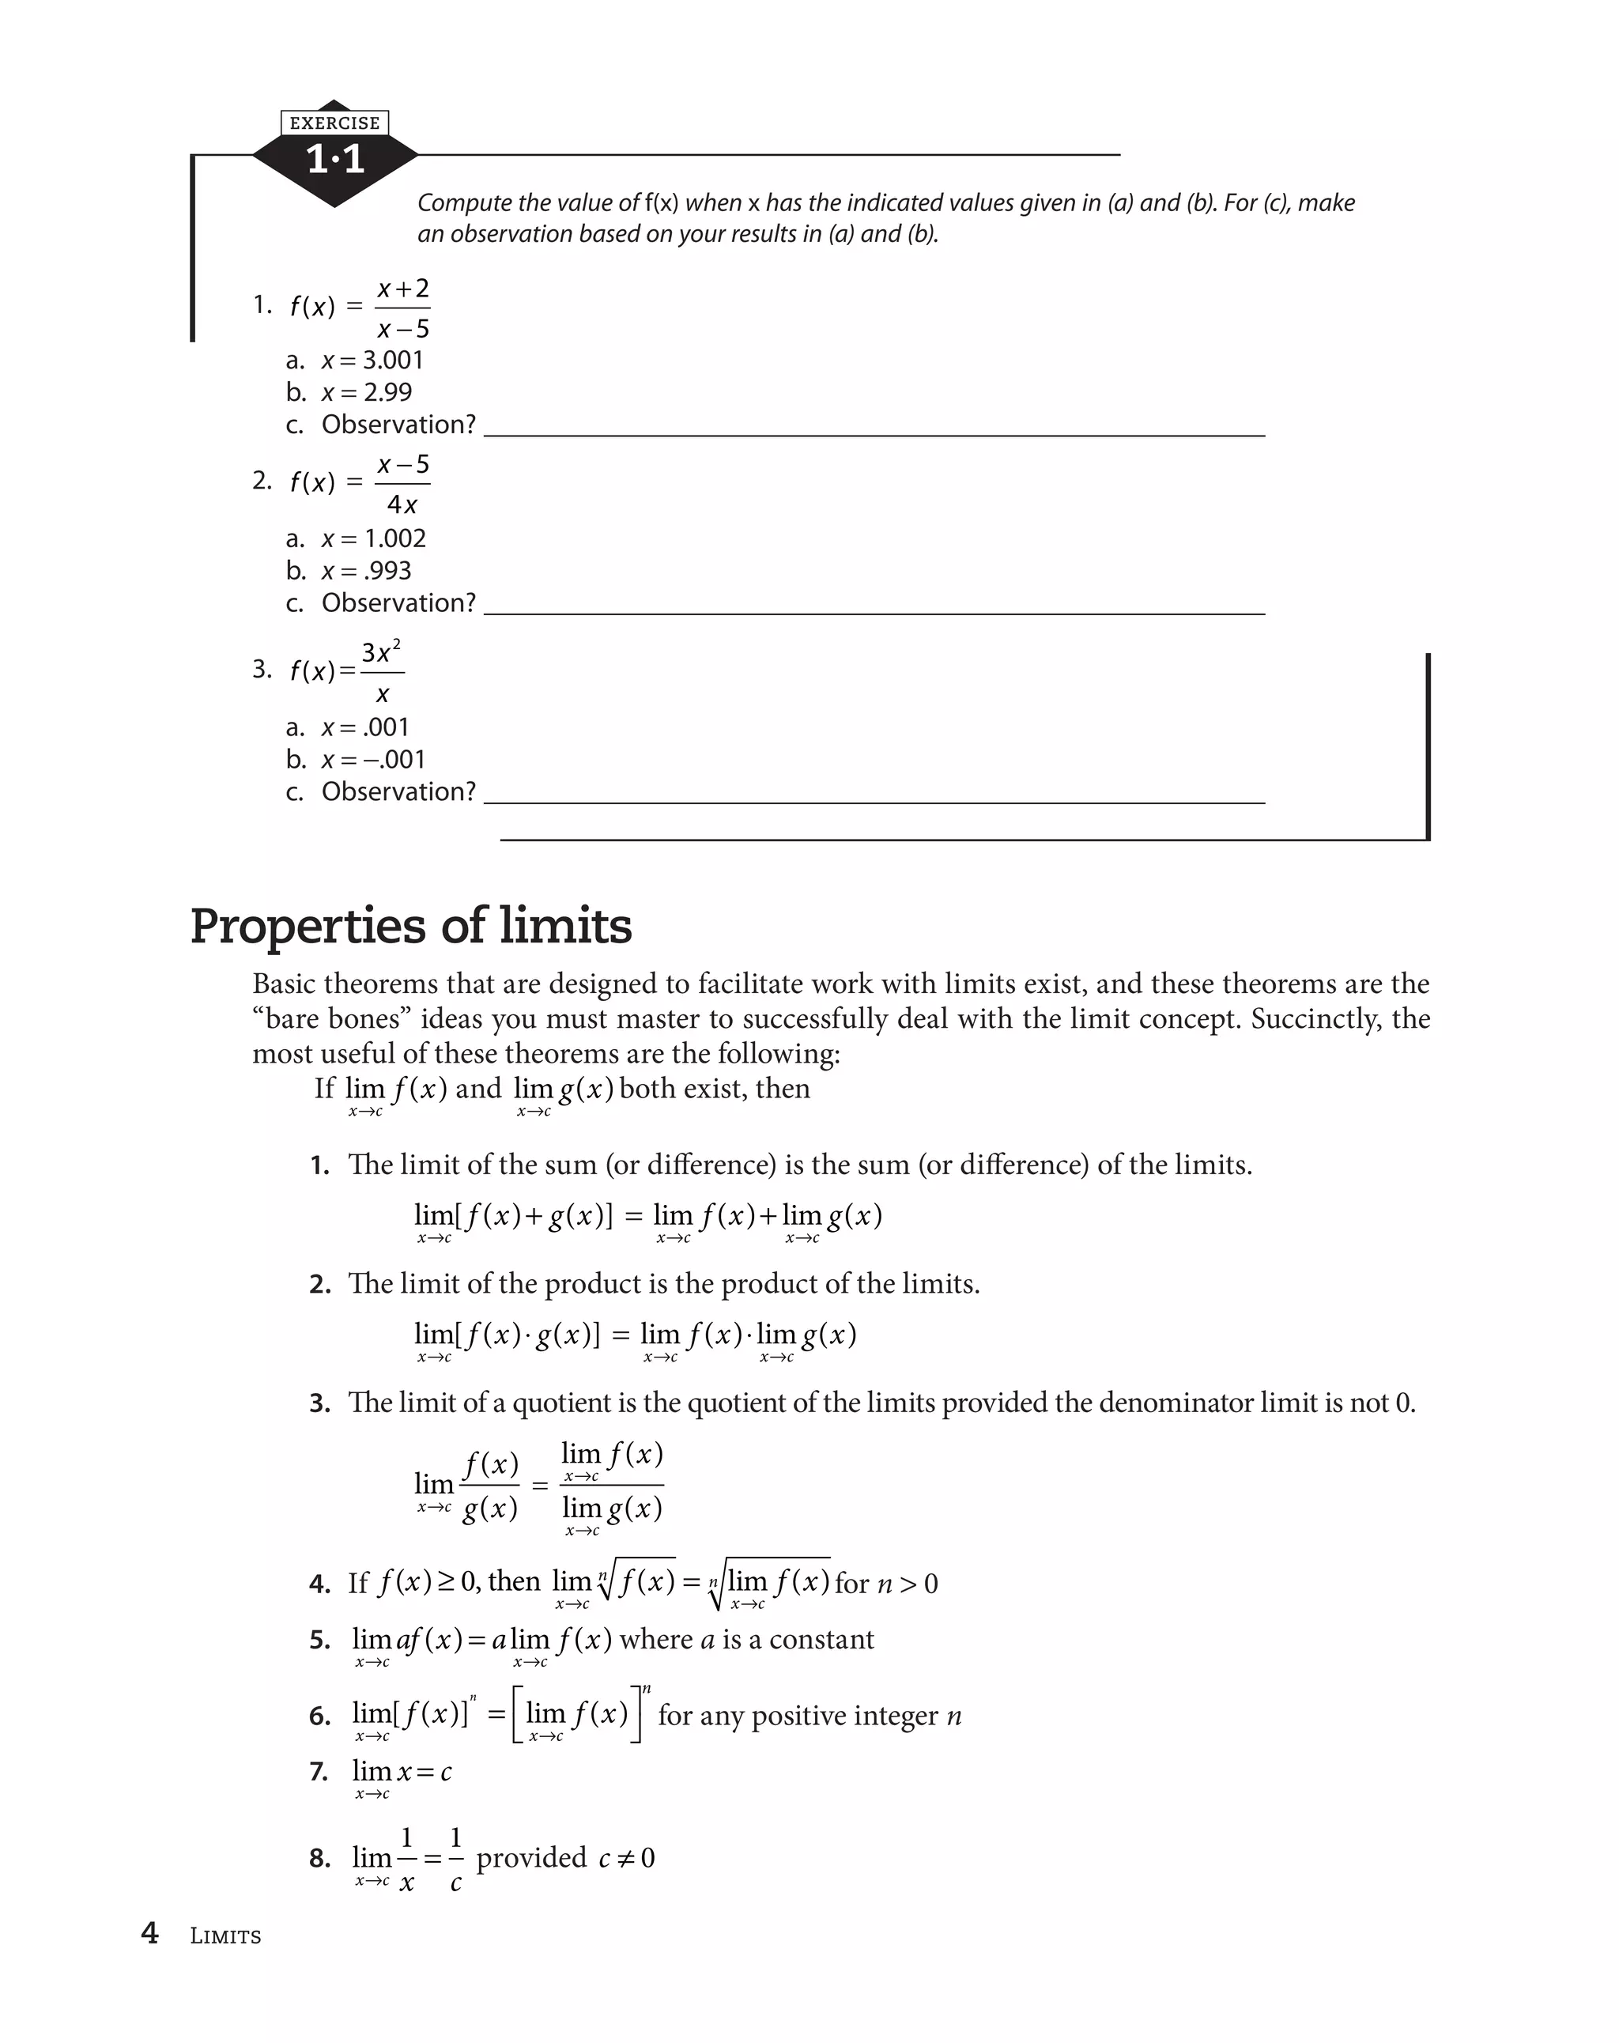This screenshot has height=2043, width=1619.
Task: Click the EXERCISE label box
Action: pyautogui.click(x=334, y=123)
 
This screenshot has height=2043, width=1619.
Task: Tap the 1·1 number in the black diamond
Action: pyautogui.click(x=335, y=159)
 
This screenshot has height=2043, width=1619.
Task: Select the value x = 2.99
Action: pyautogui.click(x=367, y=392)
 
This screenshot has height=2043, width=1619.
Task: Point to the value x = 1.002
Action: pyautogui.click(x=373, y=538)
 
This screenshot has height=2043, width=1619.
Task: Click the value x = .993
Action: pyautogui.click(x=367, y=571)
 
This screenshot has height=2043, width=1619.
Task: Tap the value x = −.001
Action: pyautogui.click(x=373, y=759)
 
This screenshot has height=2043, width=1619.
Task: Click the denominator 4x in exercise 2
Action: pyautogui.click(x=402, y=505)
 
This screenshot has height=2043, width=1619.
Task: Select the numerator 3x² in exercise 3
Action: pyautogui.click(x=381, y=652)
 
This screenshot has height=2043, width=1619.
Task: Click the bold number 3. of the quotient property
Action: pyautogui.click(x=319, y=1403)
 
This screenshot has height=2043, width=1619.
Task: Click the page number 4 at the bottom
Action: pyautogui.click(x=149, y=1933)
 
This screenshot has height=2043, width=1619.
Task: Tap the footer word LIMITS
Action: pyautogui.click(x=225, y=1936)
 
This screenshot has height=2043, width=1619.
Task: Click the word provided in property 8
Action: pyautogui.click(x=530, y=1857)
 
